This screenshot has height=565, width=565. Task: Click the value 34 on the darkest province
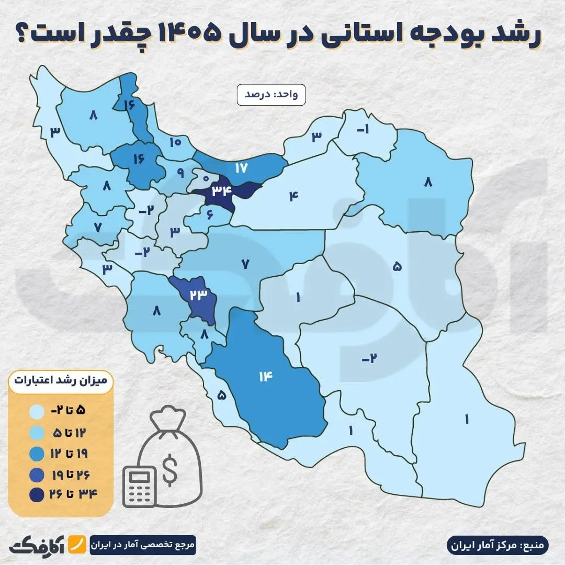click(222, 191)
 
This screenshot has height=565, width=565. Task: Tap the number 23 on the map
click(199, 295)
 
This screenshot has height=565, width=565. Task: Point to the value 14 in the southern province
click(266, 376)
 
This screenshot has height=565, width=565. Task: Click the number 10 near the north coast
click(175, 141)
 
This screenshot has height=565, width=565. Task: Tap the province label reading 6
click(210, 214)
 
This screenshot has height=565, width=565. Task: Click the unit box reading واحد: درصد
click(270, 95)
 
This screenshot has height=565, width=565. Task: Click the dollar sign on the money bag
click(169, 470)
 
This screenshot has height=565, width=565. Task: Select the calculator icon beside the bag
click(140, 486)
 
